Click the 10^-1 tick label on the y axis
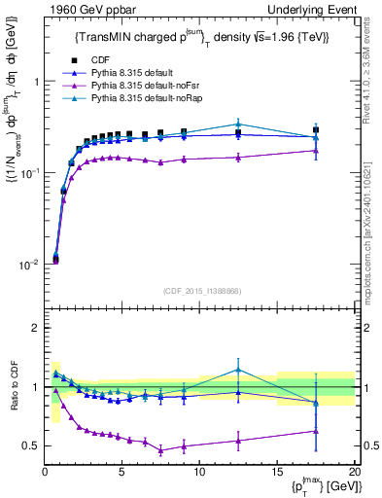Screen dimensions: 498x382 click(29, 173)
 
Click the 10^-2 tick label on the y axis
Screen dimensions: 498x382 click(29, 265)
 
